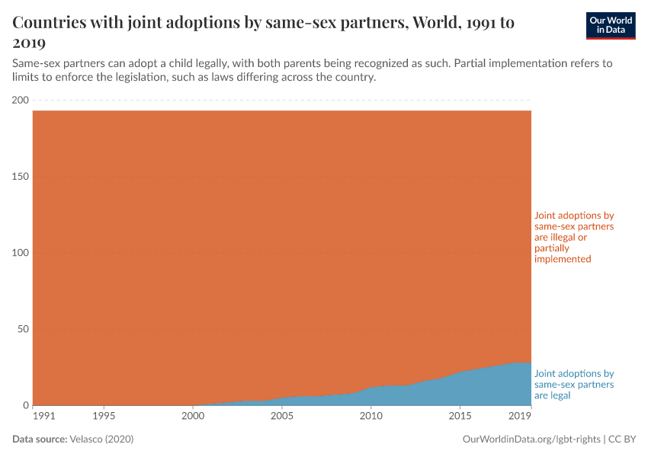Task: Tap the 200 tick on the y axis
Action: tap(21, 101)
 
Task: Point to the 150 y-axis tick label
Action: tap(21, 177)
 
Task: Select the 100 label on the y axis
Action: tap(21, 253)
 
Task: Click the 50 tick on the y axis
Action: tap(23, 329)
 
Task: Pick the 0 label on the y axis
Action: tap(25, 405)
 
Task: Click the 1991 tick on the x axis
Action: tap(44, 417)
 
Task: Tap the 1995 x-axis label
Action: tap(104, 417)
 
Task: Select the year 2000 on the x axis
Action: tap(193, 417)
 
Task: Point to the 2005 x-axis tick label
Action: tap(282, 417)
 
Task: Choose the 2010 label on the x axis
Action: tap(371, 417)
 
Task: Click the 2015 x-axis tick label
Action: tap(460, 417)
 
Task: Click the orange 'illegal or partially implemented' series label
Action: tap(574, 238)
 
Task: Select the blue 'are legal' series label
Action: tap(574, 385)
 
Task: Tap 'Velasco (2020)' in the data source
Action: tap(101, 439)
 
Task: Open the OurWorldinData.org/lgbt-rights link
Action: tap(531, 439)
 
